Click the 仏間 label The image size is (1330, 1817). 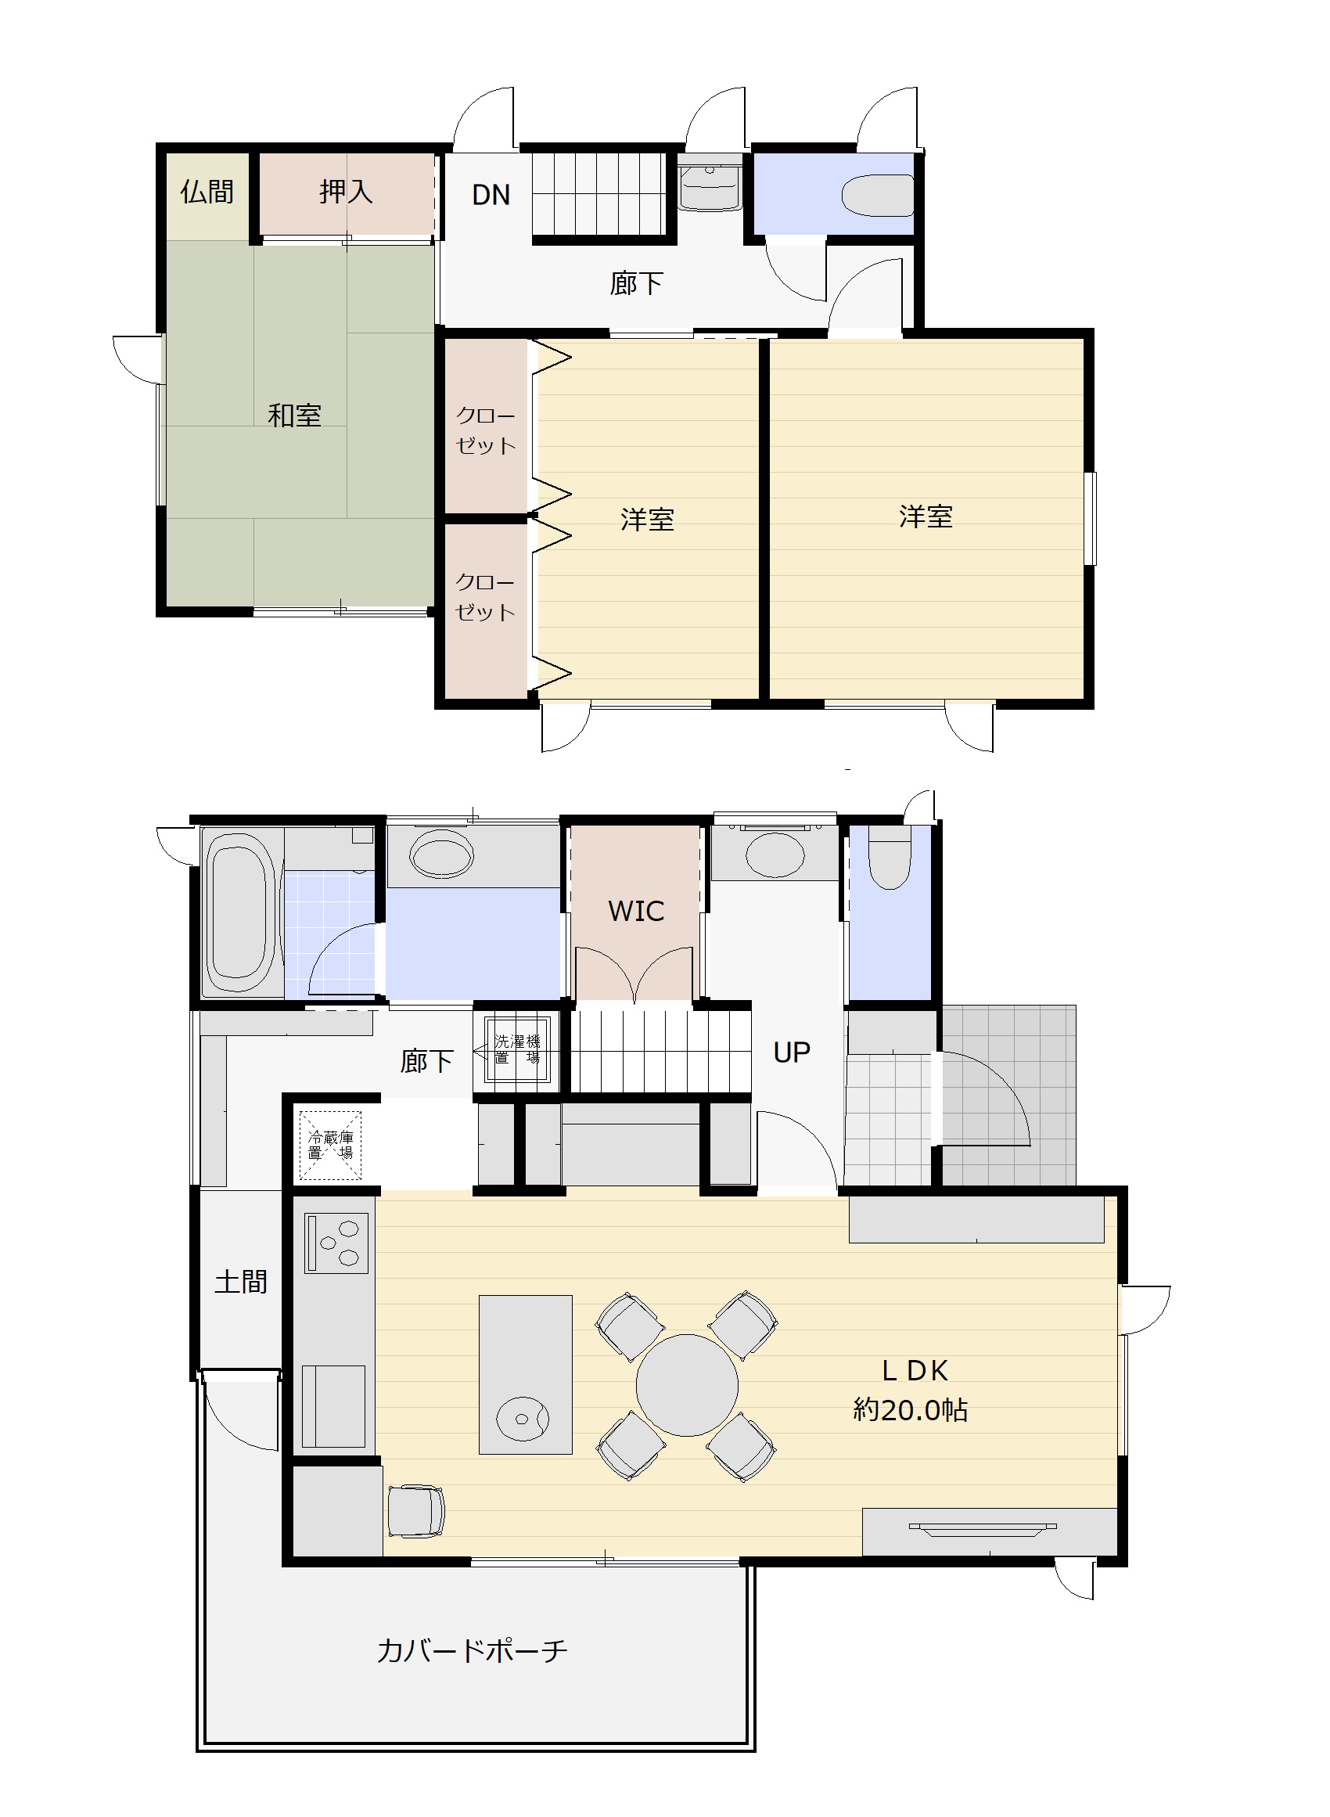click(207, 192)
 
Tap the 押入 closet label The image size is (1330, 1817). click(346, 192)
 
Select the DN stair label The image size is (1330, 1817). click(491, 195)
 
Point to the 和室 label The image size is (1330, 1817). click(295, 416)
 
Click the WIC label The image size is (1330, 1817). click(636, 912)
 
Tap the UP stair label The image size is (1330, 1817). click(792, 1052)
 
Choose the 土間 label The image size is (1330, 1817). click(241, 1282)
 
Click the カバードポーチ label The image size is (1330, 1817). click(473, 1651)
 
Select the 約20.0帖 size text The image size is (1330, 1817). click(911, 1409)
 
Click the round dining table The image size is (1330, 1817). click(687, 1386)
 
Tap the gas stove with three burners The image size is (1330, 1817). click(336, 1243)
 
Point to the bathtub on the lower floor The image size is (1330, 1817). click(238, 913)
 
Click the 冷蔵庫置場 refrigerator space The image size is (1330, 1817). click(330, 1145)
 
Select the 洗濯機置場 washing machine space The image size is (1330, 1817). click(517, 1050)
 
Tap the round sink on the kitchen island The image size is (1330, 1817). click(523, 1419)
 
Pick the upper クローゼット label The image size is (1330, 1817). click(486, 430)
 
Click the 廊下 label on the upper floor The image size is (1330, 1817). click(636, 283)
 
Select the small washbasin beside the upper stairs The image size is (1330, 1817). click(710, 186)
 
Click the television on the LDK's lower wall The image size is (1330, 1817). click(982, 1545)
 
